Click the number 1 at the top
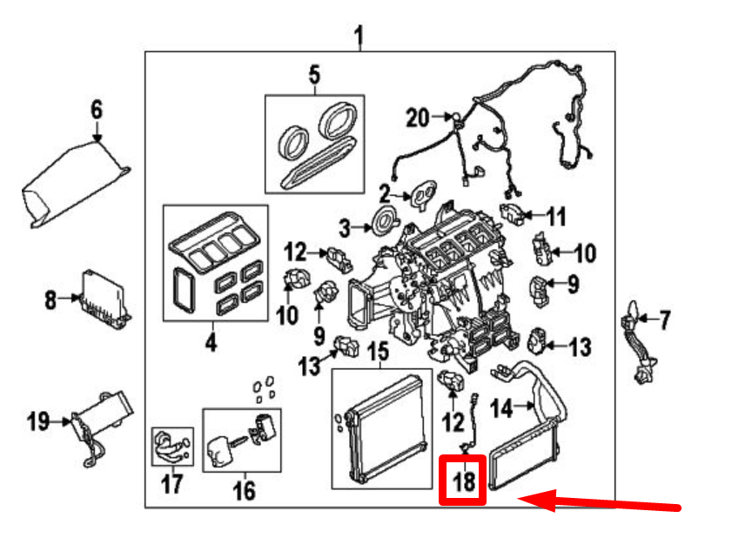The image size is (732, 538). click(x=359, y=36)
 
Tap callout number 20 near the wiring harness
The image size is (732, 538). click(x=418, y=118)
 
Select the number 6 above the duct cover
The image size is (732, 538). click(x=96, y=110)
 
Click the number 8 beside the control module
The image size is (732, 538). click(x=50, y=301)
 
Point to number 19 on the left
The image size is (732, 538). click(x=37, y=422)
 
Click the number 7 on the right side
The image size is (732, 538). click(x=665, y=322)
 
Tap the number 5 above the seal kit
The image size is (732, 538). click(x=313, y=75)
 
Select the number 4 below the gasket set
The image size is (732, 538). click(x=210, y=343)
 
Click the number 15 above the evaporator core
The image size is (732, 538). click(x=377, y=353)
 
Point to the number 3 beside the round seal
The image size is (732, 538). click(x=345, y=229)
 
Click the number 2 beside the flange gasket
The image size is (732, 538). click(x=385, y=192)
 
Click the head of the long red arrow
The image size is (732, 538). click(x=524, y=500)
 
